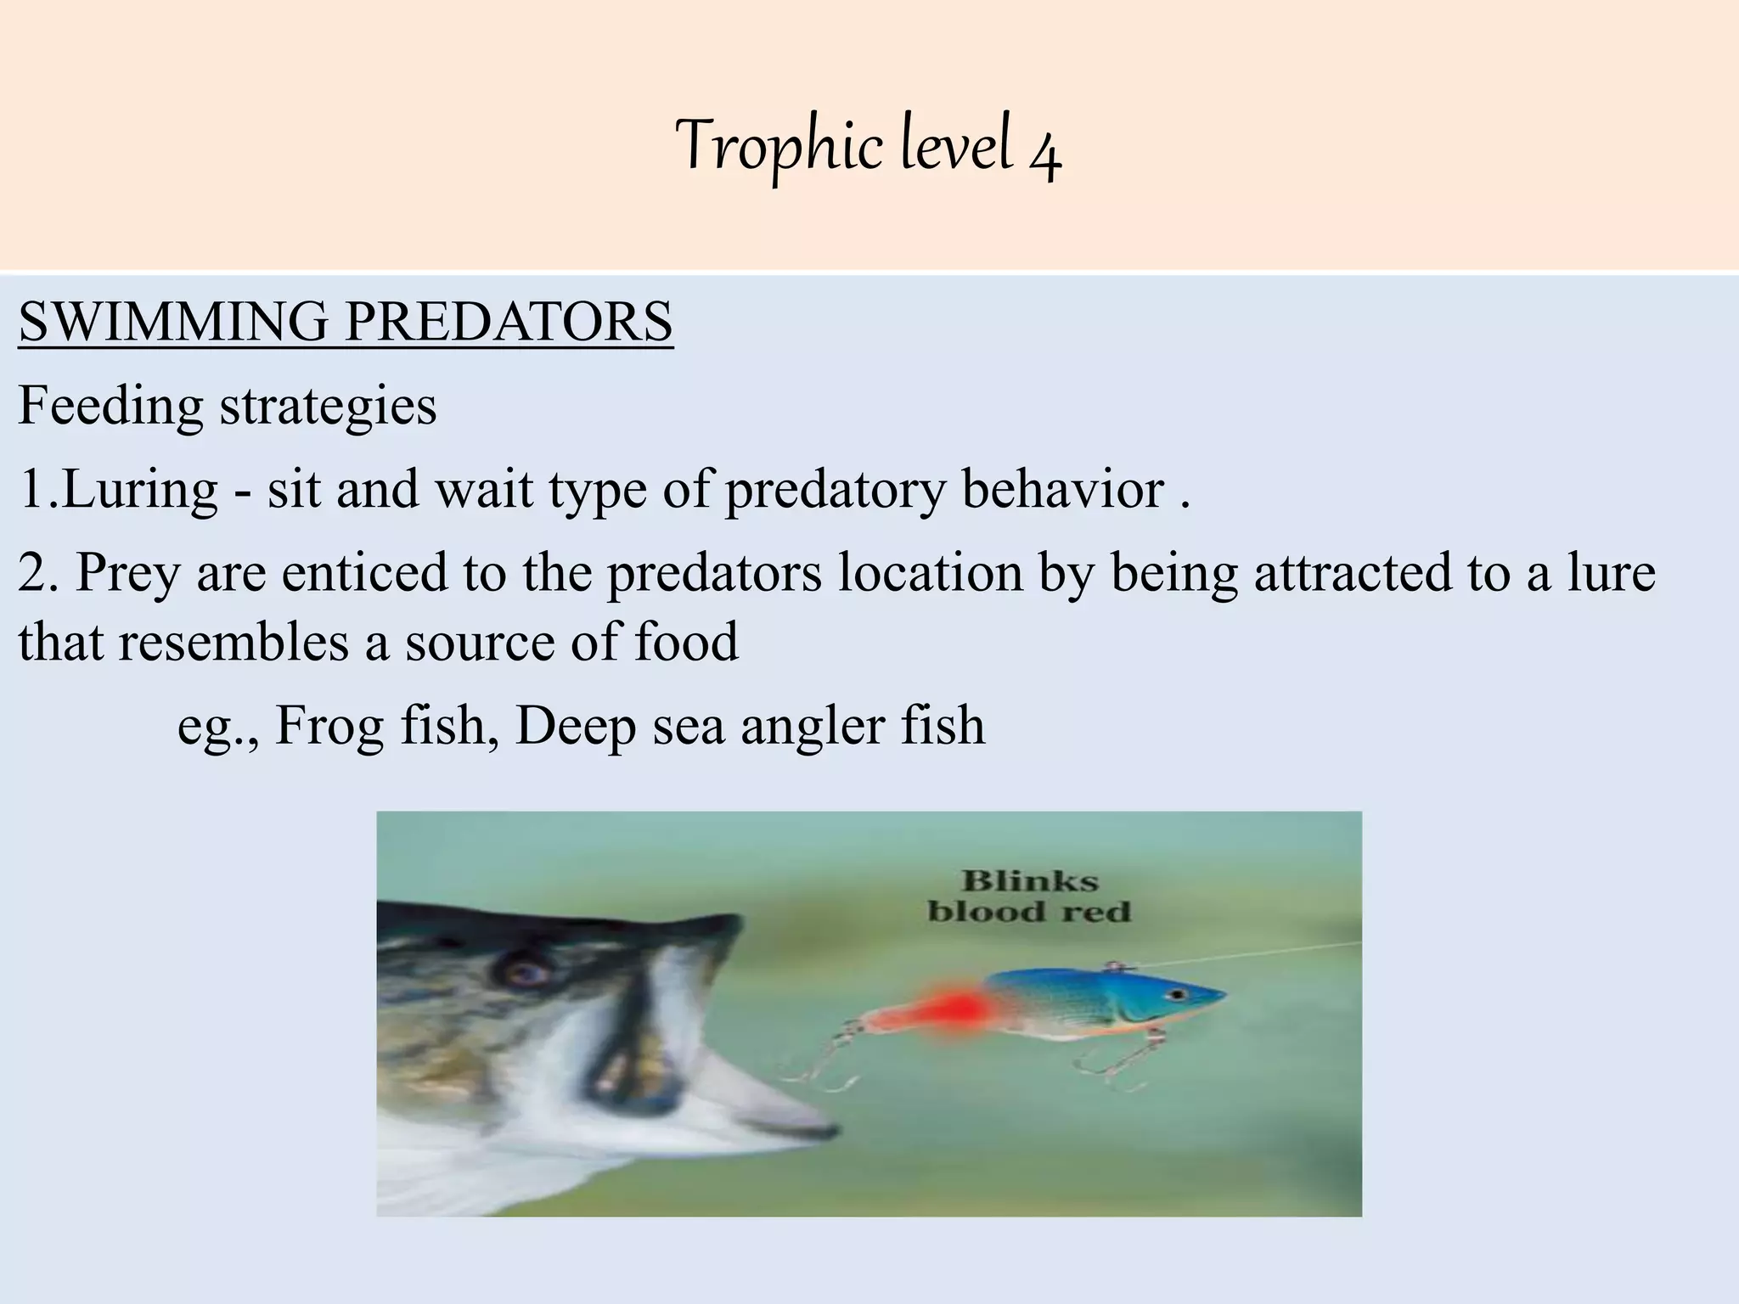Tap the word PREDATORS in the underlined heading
click(509, 322)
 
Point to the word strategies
click(328, 406)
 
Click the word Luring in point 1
click(141, 490)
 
